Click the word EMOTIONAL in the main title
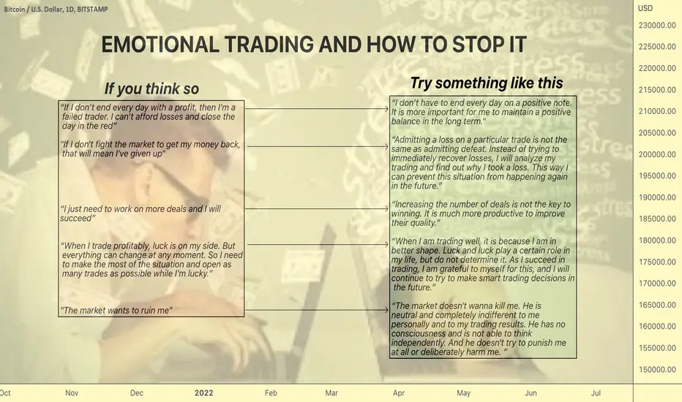pyautogui.click(x=160, y=45)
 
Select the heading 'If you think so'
pyautogui.click(x=151, y=88)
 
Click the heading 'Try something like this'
pyautogui.click(x=487, y=83)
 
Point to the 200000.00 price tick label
pyautogui.click(x=657, y=154)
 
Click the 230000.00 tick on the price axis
pyautogui.click(x=657, y=25)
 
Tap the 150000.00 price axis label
pyautogui.click(x=657, y=369)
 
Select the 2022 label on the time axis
pyautogui.click(x=203, y=393)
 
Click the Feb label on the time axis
pyautogui.click(x=271, y=393)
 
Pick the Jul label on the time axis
pyautogui.click(x=596, y=393)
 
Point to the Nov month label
pyautogui.click(x=72, y=393)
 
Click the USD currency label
pyautogui.click(x=645, y=8)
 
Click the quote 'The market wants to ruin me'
pyautogui.click(x=116, y=311)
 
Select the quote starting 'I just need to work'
pyautogui.click(x=140, y=213)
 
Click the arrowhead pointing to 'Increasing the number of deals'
pyautogui.click(x=386, y=208)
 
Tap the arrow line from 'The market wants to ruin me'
pyautogui.click(x=317, y=310)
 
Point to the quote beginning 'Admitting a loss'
pyautogui.click(x=480, y=162)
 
